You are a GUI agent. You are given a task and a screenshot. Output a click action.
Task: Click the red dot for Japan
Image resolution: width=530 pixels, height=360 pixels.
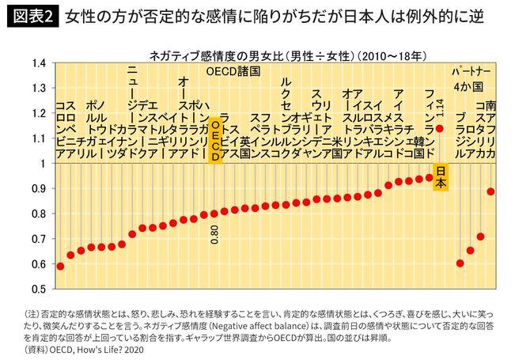click(440, 127)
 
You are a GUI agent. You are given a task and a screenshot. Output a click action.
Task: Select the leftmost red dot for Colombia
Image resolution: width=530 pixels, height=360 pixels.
click(60, 266)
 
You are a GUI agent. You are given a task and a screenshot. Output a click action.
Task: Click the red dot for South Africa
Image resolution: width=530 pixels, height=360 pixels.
click(491, 191)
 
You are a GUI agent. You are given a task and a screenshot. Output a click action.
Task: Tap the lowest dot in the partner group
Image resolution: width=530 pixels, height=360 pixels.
click(460, 263)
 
